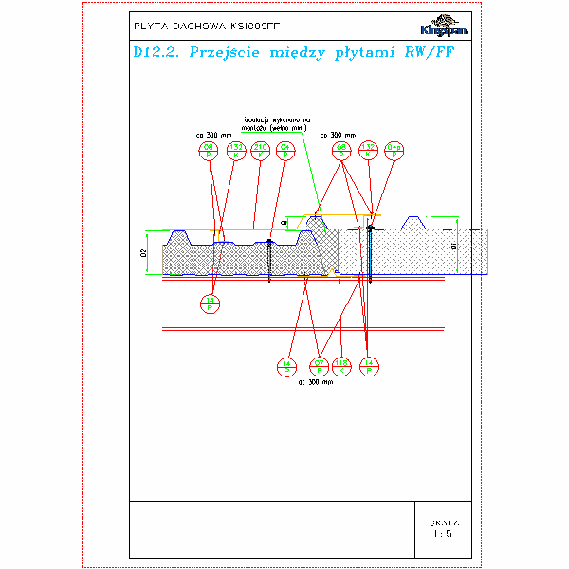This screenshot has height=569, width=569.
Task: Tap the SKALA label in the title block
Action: pyautogui.click(x=443, y=522)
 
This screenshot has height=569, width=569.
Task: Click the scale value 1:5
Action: pyautogui.click(x=443, y=534)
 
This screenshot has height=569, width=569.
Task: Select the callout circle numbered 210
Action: pyautogui.click(x=260, y=149)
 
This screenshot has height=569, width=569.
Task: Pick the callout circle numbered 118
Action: pyautogui.click(x=343, y=365)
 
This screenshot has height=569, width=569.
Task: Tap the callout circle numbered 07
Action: pyautogui.click(x=319, y=365)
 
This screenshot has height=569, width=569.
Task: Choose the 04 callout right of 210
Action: pyautogui.click(x=284, y=149)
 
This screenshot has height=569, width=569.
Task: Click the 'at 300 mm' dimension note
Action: pyautogui.click(x=316, y=382)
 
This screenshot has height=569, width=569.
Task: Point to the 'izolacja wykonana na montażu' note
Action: pyautogui.click(x=274, y=122)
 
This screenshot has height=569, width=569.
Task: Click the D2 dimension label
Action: pyautogui.click(x=145, y=253)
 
